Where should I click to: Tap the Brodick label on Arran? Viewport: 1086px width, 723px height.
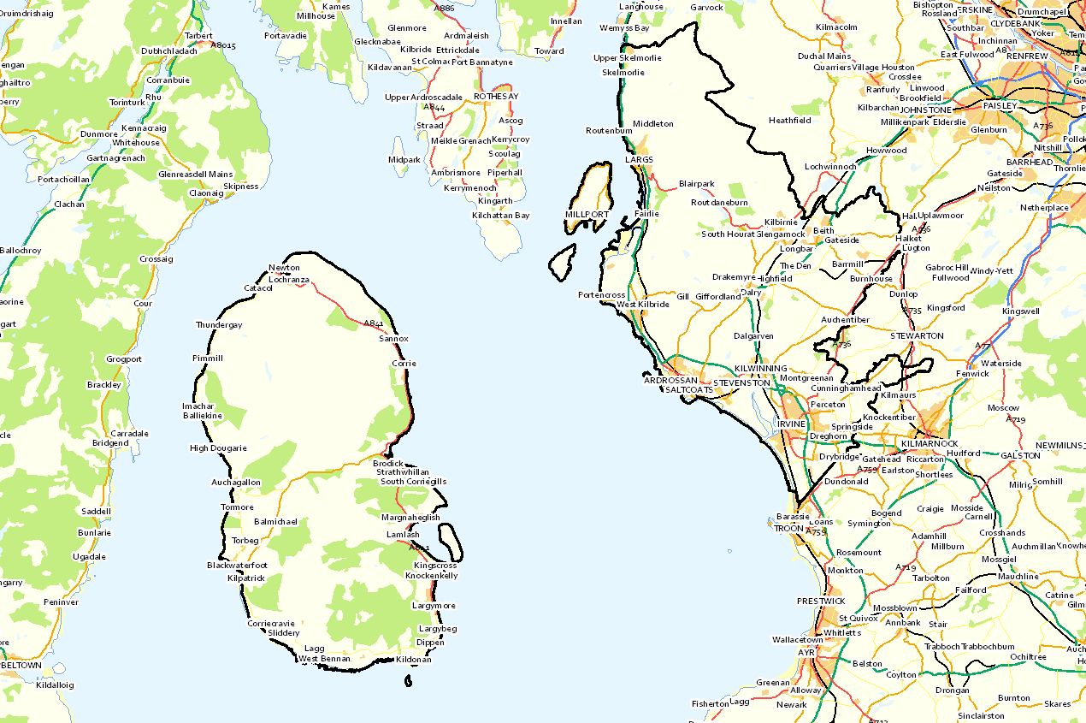(x=388, y=463)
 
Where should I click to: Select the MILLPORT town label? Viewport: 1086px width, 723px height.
(x=587, y=214)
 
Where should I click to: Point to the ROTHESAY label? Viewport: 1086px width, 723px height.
(x=496, y=97)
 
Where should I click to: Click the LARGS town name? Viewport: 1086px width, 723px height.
(x=638, y=159)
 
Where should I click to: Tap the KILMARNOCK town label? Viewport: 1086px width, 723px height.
(x=930, y=444)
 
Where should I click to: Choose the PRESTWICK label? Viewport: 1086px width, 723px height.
(x=821, y=601)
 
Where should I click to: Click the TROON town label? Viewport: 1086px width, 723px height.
(x=788, y=529)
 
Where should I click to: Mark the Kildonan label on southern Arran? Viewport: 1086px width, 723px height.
(x=414, y=660)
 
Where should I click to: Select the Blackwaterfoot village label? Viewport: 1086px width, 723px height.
(x=237, y=566)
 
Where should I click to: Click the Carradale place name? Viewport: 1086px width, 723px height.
(x=129, y=433)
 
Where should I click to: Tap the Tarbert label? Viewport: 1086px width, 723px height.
(x=198, y=36)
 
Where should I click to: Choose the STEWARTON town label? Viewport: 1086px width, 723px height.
(x=917, y=336)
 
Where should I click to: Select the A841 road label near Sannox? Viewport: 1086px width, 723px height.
(x=373, y=323)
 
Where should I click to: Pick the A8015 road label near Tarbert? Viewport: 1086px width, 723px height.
(x=222, y=44)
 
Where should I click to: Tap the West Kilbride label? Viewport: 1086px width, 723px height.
(x=643, y=305)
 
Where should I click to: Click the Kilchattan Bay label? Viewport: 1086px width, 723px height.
(x=500, y=216)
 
